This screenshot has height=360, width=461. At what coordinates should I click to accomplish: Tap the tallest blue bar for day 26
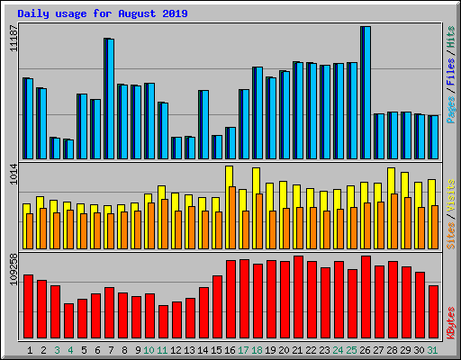pos(366,93)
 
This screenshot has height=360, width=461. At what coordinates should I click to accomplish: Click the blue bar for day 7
pos(109,99)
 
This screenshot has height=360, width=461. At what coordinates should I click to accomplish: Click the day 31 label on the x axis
pos(433,350)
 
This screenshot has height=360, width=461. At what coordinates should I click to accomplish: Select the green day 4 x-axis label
pos(70,350)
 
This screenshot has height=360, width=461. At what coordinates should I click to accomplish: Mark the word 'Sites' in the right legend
pos(450,233)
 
